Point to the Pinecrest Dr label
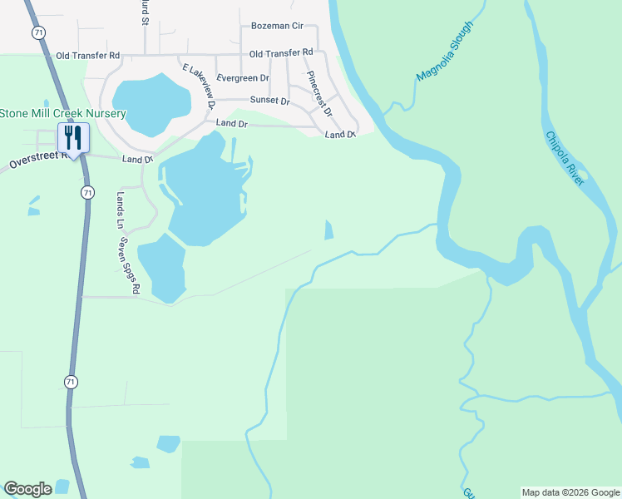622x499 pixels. [318, 93]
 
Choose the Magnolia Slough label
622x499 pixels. [444, 51]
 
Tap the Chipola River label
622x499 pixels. [565, 158]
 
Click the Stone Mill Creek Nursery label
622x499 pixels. [46, 113]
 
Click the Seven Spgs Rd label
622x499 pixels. [128, 267]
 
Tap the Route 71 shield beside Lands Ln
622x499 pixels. [87, 192]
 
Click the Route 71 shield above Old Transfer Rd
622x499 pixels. [39, 32]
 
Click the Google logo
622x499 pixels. [27, 489]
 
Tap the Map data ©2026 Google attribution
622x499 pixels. [570, 492]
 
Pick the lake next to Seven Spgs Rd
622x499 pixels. [162, 268]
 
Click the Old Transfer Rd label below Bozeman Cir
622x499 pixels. [280, 54]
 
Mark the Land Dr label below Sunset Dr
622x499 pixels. [232, 123]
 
